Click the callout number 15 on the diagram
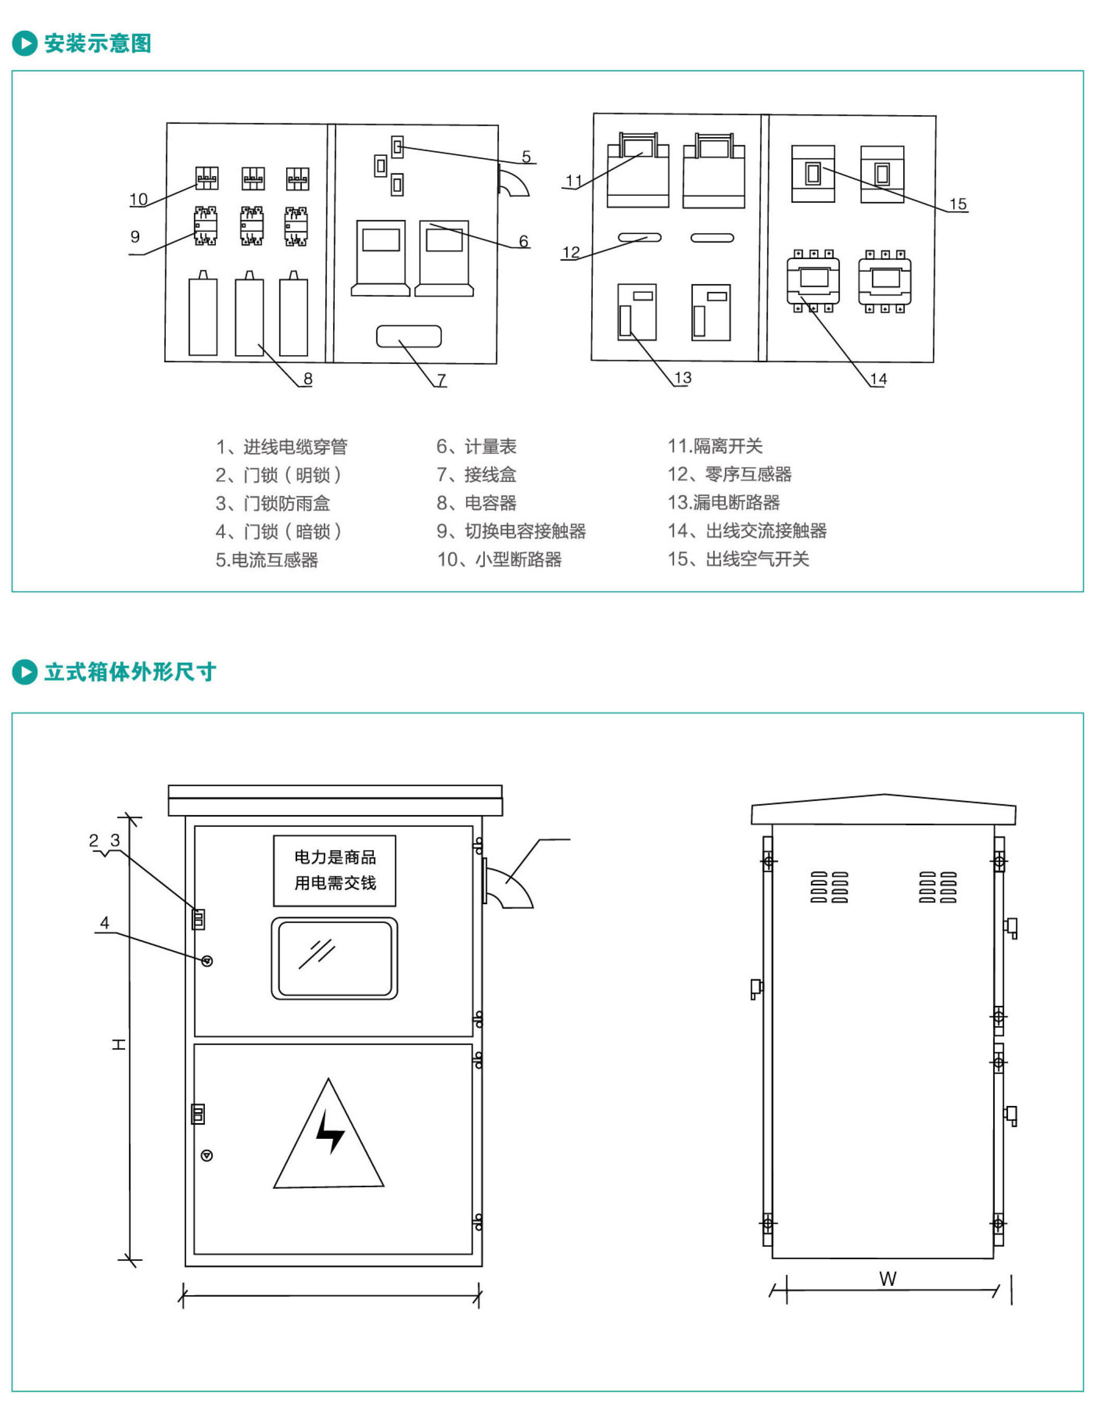click(957, 204)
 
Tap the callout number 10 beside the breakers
click(139, 199)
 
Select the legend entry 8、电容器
click(476, 503)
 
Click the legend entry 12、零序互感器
click(729, 474)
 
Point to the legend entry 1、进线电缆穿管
click(282, 446)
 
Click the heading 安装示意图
click(98, 43)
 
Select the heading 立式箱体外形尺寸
click(130, 672)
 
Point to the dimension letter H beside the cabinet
click(119, 1044)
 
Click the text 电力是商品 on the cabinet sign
click(335, 857)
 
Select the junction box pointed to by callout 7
click(408, 336)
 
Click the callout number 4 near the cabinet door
click(105, 922)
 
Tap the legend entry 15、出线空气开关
click(738, 559)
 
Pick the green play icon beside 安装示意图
click(25, 43)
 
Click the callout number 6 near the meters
click(524, 241)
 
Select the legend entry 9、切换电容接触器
click(511, 531)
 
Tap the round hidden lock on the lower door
click(207, 1155)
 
